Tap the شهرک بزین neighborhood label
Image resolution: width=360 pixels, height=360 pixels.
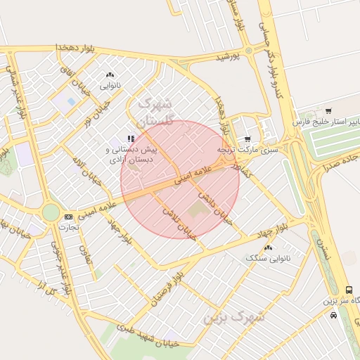[x=234, y=316]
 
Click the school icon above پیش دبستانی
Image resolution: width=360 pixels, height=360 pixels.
[x=131, y=139]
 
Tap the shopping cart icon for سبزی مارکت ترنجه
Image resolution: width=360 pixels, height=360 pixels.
[x=247, y=139]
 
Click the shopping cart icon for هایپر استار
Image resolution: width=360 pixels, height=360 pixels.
[x=328, y=110]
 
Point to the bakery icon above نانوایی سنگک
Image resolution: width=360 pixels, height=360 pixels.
[x=268, y=248]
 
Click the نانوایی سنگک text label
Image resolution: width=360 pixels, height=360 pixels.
[x=262, y=259]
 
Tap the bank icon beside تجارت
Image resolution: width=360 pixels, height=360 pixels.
[x=68, y=217]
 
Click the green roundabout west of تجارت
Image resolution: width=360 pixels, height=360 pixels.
[x=51, y=212]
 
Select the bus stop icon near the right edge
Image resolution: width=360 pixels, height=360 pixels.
[x=349, y=290]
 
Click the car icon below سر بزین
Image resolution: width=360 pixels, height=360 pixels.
[x=333, y=314]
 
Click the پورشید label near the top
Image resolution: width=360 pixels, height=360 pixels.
[x=227, y=55]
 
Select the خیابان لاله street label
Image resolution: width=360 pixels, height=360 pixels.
[x=84, y=169]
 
